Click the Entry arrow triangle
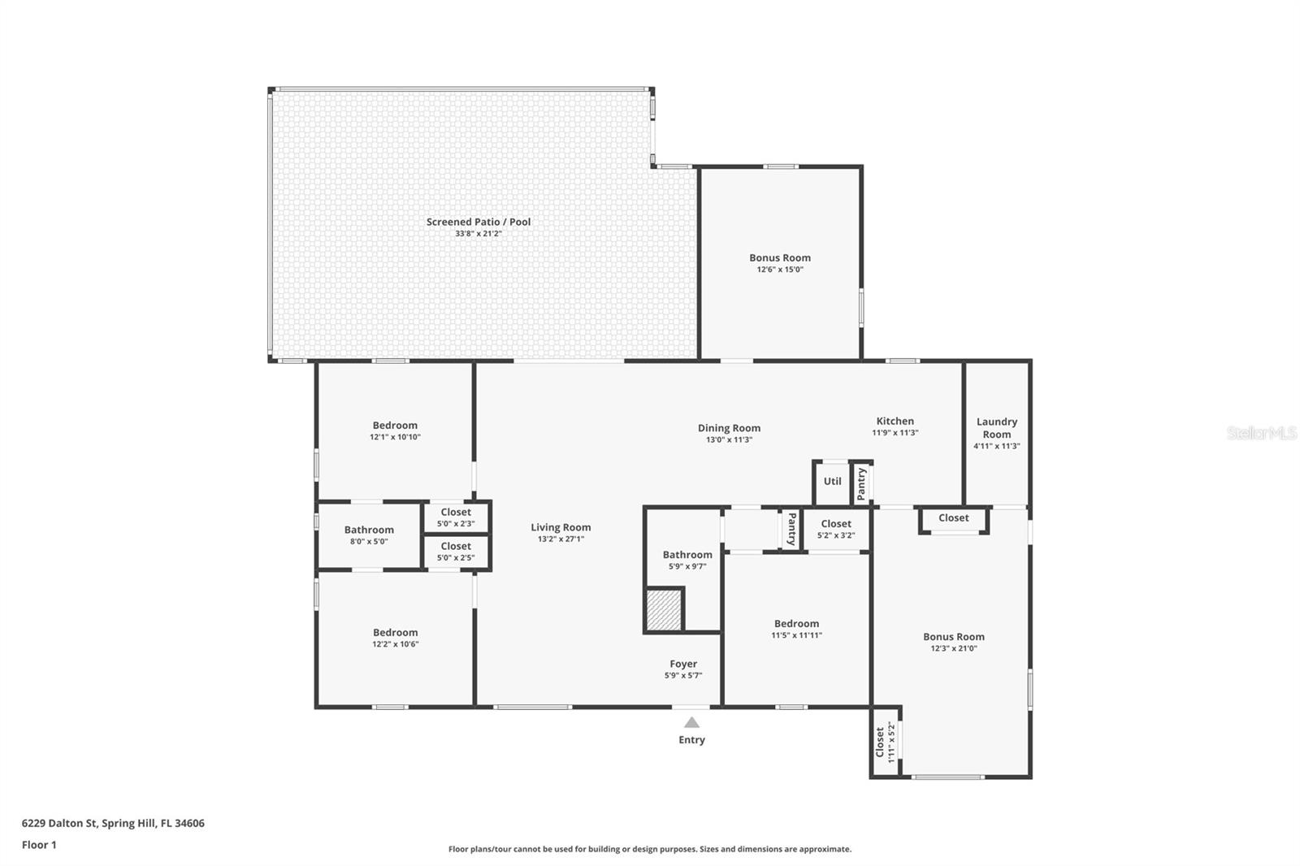[691, 722]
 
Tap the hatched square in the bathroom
[665, 609]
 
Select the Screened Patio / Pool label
[479, 222]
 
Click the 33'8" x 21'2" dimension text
[479, 234]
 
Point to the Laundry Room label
[996, 427]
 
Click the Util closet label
[832, 481]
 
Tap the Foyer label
[683, 664]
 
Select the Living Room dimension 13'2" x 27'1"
[561, 539]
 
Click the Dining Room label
[729, 428]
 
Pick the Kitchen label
[895, 421]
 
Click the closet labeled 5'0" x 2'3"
[456, 517]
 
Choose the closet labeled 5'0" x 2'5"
[456, 552]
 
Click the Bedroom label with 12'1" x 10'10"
[395, 425]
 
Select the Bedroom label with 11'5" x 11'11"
[796, 624]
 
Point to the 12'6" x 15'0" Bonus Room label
[780, 258]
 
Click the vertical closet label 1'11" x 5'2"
[885, 742]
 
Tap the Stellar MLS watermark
[1261, 433]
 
